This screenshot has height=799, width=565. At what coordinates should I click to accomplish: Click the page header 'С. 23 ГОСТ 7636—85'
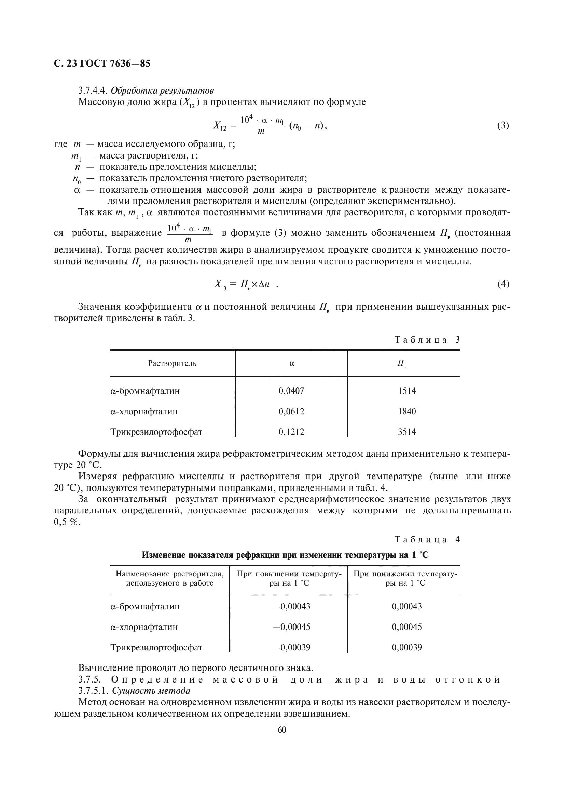102,64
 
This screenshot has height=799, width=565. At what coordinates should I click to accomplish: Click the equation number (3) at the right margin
503,125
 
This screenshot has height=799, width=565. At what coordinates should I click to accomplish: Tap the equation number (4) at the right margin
503,284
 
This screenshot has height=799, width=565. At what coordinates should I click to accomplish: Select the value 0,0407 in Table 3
291,391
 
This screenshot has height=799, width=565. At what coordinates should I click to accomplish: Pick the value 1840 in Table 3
407,411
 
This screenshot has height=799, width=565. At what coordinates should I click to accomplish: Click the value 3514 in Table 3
407,432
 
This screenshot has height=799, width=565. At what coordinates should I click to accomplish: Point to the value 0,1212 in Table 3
291,432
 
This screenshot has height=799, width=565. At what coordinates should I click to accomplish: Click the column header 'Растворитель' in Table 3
172,363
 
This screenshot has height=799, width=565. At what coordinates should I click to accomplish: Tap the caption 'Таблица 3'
427,340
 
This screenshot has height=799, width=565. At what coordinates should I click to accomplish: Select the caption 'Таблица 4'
427,540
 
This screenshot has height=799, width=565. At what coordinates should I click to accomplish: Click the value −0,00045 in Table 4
291,627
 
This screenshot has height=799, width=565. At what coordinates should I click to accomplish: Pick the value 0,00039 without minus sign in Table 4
407,647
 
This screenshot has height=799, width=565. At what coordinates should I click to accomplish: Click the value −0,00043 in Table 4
291,606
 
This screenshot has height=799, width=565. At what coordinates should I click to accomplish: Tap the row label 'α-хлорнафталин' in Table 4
144,627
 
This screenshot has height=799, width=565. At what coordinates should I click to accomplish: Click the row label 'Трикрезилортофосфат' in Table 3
156,432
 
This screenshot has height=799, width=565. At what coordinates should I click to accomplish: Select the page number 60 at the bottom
282,729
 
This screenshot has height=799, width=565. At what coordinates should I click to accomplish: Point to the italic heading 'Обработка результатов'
162,91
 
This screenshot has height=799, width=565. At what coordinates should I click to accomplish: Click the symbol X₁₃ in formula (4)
220,285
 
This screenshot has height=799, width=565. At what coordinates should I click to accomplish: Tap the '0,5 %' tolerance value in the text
67,522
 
